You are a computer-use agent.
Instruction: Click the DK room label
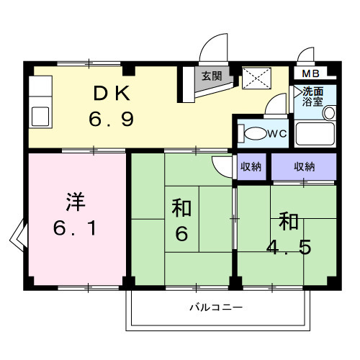(x=112, y=93)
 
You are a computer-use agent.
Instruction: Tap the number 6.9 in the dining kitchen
(x=112, y=118)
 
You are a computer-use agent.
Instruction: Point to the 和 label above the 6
(x=181, y=209)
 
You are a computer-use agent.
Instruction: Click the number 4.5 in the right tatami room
(x=287, y=246)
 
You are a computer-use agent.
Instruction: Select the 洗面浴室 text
(x=312, y=96)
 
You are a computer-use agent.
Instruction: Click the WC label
(x=278, y=134)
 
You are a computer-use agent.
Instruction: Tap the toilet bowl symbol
(x=254, y=135)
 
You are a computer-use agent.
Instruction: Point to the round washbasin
(x=328, y=113)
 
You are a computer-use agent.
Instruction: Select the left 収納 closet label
(x=251, y=166)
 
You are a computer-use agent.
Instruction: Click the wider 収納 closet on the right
(x=304, y=166)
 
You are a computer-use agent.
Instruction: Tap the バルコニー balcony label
(x=216, y=307)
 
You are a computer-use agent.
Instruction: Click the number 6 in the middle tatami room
(x=181, y=235)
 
